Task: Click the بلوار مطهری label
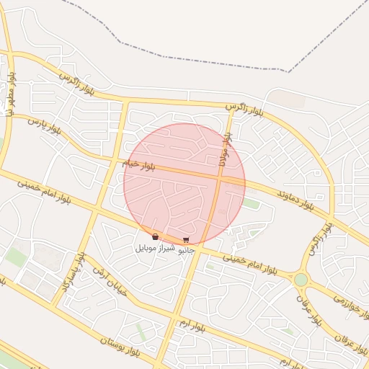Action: (11, 89)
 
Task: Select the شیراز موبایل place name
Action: (154, 247)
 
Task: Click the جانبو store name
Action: (186, 250)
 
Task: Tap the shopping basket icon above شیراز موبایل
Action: (155, 236)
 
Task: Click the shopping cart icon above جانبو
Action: (186, 240)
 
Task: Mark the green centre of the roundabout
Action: (301, 279)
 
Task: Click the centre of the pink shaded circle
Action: (184, 184)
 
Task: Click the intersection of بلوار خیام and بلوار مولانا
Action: (219, 177)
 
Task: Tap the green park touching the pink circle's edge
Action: (251, 204)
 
